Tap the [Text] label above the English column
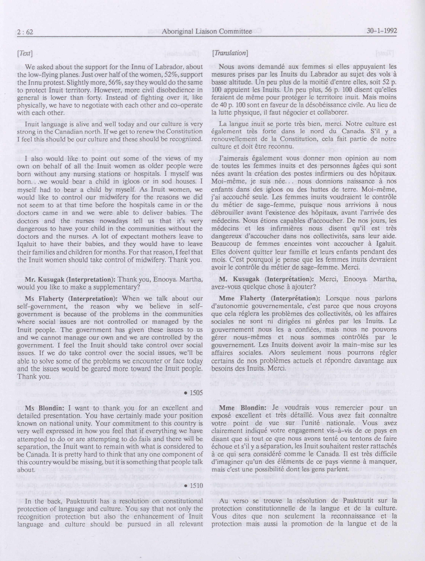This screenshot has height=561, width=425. (25, 53)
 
